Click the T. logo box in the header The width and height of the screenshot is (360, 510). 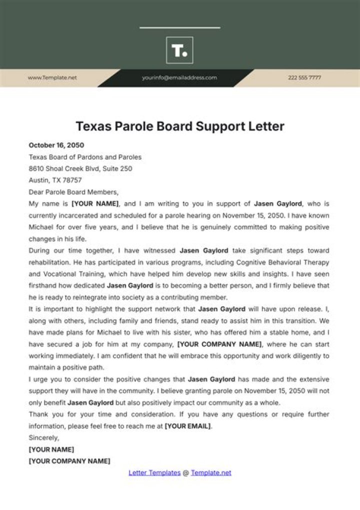(179, 50)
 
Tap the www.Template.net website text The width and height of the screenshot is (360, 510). (52, 78)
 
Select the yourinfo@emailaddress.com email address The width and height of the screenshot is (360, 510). (179, 78)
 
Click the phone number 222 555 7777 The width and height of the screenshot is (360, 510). (304, 78)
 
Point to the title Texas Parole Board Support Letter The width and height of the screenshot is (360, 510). (180, 126)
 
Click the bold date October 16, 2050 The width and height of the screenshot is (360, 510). (56, 145)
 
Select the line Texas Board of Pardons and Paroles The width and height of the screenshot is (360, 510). (85, 157)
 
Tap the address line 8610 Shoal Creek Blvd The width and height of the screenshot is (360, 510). (80, 169)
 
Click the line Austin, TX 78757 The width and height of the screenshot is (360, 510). (55, 180)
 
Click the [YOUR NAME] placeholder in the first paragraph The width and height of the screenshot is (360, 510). (95, 204)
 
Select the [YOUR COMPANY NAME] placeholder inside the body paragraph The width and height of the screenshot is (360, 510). (219, 344)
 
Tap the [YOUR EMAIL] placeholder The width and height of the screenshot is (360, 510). (187, 426)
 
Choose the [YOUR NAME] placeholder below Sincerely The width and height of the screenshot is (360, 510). (51, 449)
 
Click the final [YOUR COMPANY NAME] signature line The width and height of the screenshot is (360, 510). (69, 461)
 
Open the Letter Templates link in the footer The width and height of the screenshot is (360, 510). (154, 472)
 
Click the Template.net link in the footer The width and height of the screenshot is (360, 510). (211, 472)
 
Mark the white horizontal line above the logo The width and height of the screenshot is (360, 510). (179, 28)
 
